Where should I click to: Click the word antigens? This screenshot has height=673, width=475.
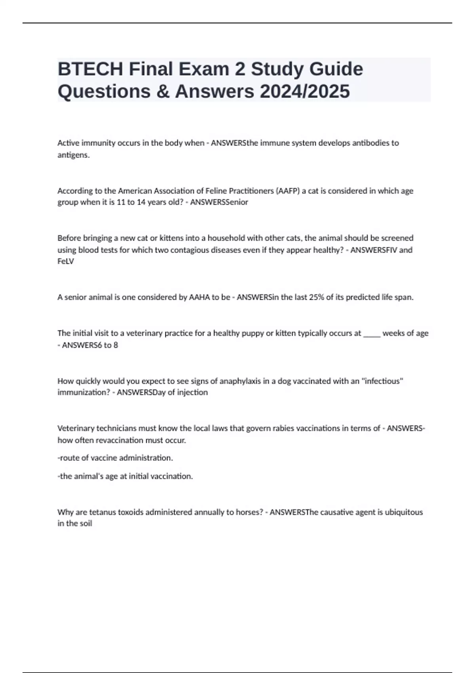73,155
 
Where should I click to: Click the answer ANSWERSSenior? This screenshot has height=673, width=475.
219,202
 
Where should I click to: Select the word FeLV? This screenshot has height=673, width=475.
66,262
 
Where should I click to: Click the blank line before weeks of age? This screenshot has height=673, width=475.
372,333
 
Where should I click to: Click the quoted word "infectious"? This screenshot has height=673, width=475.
382,381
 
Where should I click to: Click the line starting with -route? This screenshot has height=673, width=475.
115,458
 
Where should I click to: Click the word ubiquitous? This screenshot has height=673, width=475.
404,512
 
